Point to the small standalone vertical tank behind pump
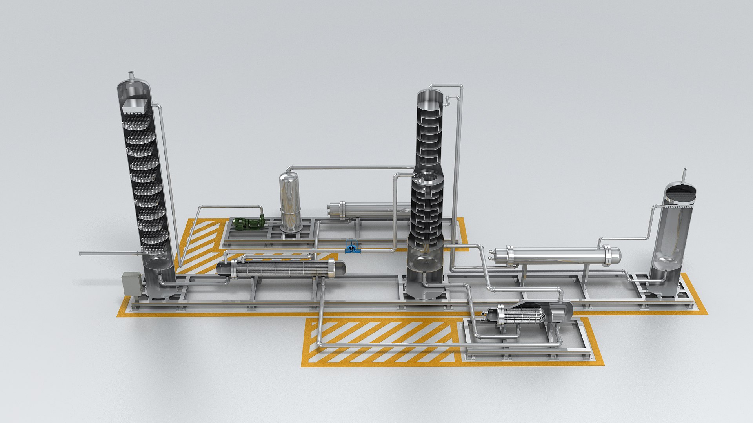290,204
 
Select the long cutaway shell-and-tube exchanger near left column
281,269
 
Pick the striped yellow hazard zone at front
380,342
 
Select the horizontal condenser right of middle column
557,255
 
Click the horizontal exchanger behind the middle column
369,210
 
